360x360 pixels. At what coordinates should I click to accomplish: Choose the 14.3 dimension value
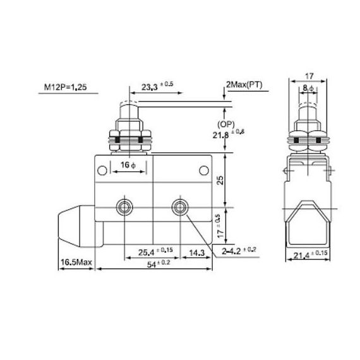(x=196, y=253)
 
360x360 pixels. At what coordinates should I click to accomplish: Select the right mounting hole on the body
(x=180, y=205)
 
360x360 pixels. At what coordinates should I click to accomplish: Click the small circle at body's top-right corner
(x=203, y=169)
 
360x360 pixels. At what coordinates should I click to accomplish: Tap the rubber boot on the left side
(x=76, y=224)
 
